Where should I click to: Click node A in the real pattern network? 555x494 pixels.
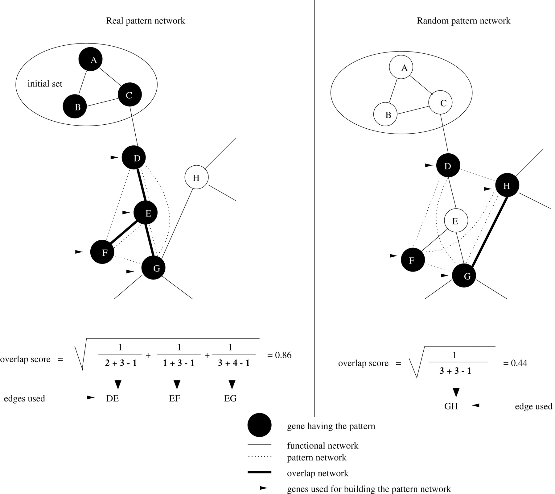tap(90, 59)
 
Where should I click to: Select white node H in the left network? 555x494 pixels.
tap(196, 177)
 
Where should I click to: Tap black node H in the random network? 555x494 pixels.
tap(507, 185)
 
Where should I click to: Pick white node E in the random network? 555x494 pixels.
tap(456, 221)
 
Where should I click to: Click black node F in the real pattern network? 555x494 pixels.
tap(102, 252)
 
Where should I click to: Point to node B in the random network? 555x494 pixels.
tap(385, 114)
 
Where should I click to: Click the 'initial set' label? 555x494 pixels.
tap(45, 84)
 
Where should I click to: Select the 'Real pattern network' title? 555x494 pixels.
tap(146, 21)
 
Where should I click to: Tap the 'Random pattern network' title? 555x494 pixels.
tap(463, 21)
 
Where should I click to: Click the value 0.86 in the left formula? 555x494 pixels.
tap(283, 355)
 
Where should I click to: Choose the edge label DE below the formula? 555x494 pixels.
tap(112, 398)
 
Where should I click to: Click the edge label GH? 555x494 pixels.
tap(451, 406)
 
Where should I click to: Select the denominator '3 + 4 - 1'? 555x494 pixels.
tap(234, 363)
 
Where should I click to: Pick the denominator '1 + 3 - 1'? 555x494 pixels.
tap(179, 363)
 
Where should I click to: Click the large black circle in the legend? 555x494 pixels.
tap(259, 425)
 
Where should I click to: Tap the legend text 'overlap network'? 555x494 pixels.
tap(318, 473)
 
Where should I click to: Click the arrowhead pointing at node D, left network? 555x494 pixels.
tap(114, 157)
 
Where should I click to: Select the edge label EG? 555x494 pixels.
tap(230, 398)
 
